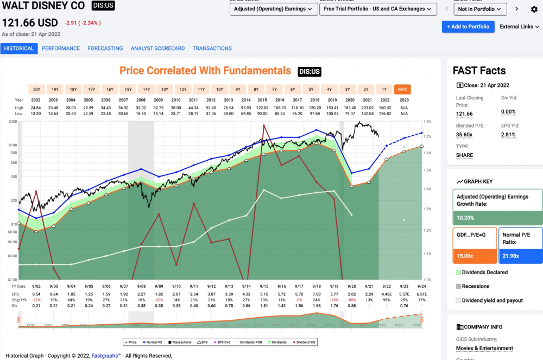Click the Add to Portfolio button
tap(468, 27)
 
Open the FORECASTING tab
tap(105, 48)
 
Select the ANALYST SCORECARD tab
tap(157, 48)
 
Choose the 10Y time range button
tap(219, 90)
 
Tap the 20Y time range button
tap(36, 90)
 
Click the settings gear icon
tap(533, 9)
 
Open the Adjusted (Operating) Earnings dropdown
tap(274, 9)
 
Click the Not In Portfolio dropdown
tap(479, 9)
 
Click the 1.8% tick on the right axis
tap(427, 122)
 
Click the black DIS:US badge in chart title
tap(310, 71)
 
